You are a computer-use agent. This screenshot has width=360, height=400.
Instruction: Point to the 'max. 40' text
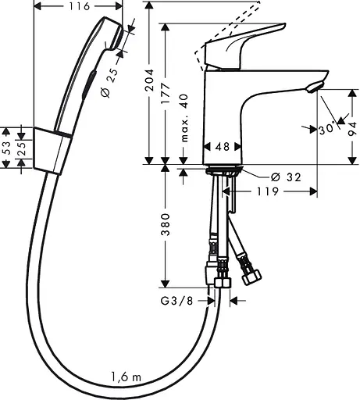click(186, 116)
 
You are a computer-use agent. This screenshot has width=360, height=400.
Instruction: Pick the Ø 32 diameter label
click(267, 177)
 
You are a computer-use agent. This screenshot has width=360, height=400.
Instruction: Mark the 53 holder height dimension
click(6, 148)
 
